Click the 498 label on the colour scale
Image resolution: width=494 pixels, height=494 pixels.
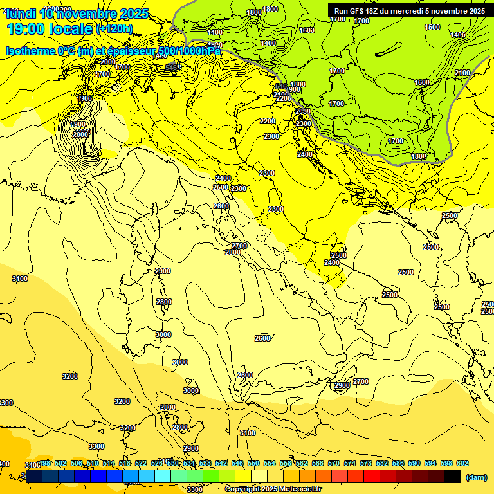coord(44,463)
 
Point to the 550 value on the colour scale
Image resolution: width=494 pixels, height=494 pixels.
coord(253,463)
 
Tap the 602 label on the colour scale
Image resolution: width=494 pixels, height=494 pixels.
coord(462,463)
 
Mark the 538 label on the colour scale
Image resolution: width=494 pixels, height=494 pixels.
coord(205,463)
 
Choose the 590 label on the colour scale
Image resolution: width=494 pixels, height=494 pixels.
coord(414,463)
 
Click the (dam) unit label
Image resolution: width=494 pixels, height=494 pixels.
coord(475,477)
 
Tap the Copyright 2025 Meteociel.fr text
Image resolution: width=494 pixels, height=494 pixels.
coord(273,489)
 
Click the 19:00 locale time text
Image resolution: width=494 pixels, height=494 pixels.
coord(49,28)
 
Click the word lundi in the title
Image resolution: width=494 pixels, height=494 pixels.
coord(19,14)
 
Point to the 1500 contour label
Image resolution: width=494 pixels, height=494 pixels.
coord(432,27)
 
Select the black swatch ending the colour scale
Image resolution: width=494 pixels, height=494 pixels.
coord(452,476)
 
